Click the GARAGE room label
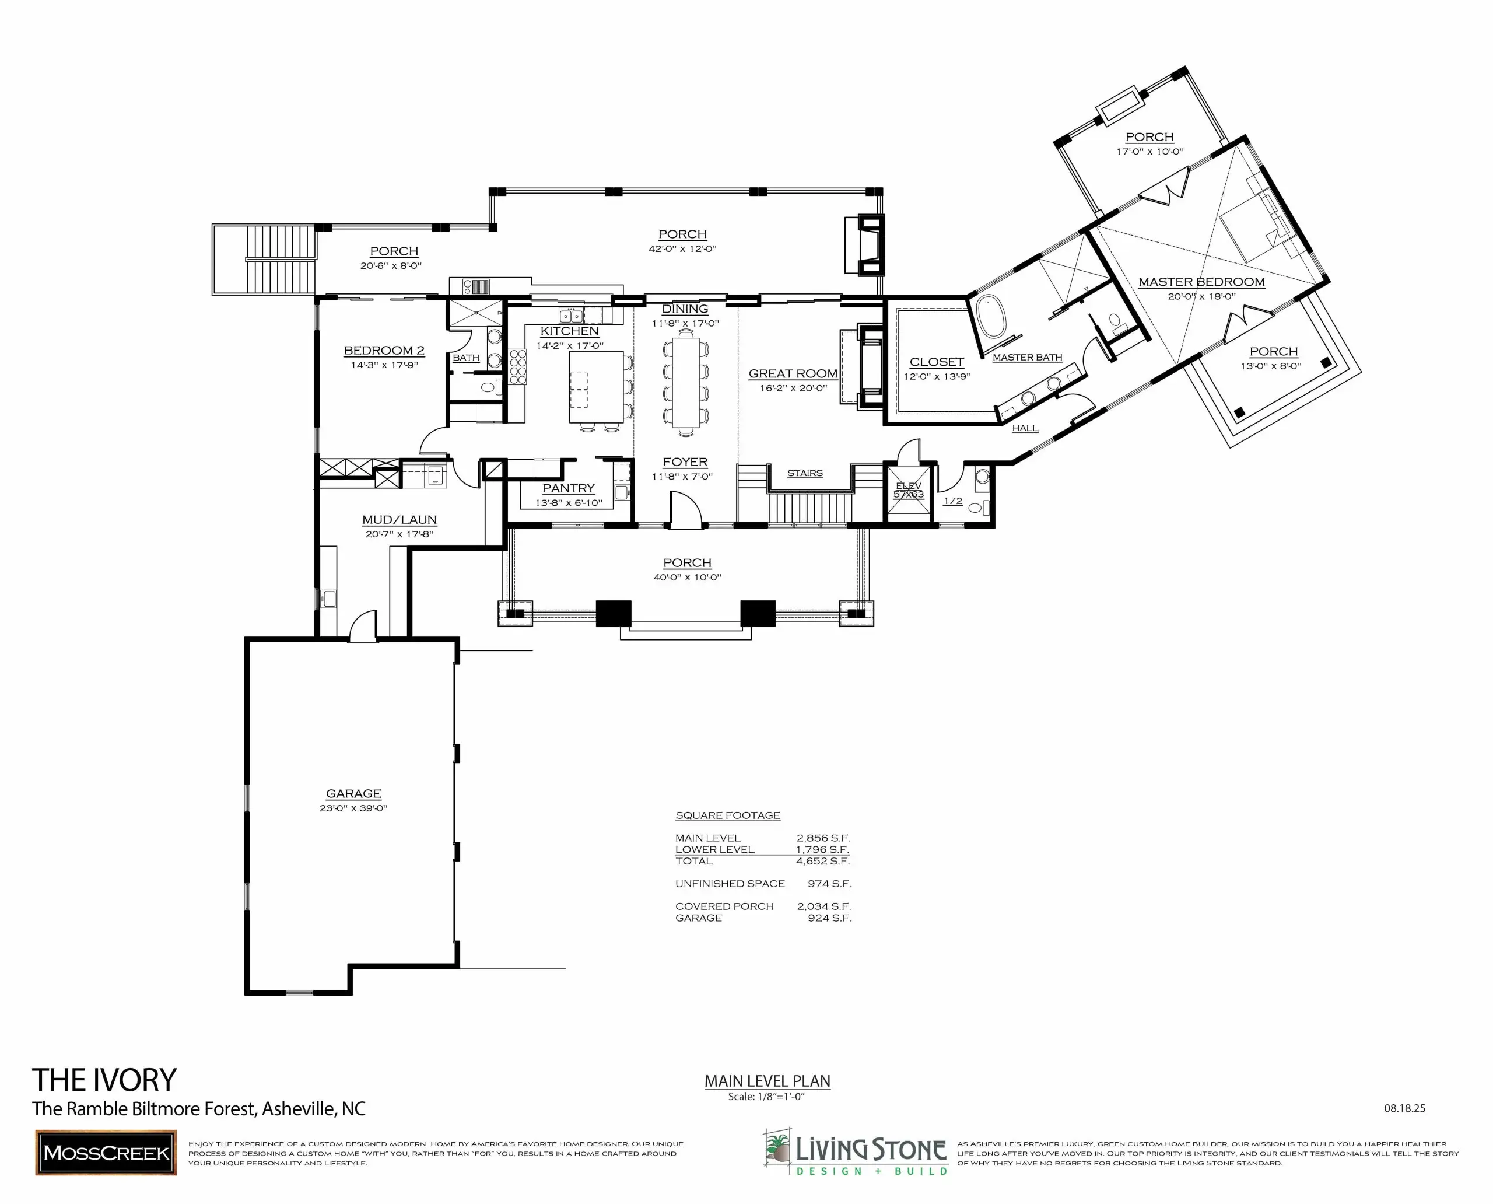(353, 793)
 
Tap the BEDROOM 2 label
(384, 350)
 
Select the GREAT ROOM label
(793, 373)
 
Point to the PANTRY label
(569, 488)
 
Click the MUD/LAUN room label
(399, 520)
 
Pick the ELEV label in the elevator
(909, 485)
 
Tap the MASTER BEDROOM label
(1202, 282)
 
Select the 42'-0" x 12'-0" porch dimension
(682, 249)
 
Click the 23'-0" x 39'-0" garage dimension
(353, 808)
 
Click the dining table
(686, 382)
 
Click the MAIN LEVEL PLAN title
(767, 1080)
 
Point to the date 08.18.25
(1405, 1108)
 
